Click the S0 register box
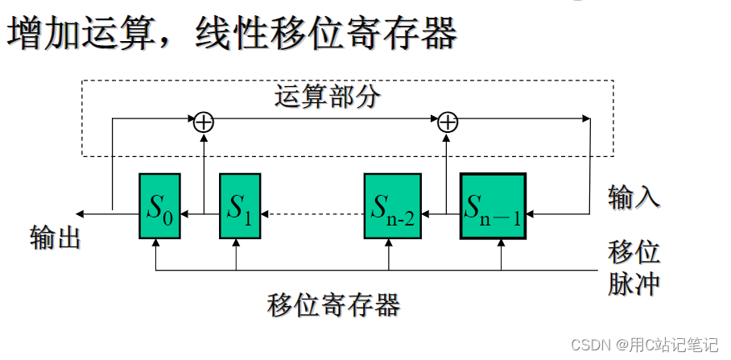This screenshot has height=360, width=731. click(x=159, y=206)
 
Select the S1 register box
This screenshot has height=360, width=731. click(x=240, y=206)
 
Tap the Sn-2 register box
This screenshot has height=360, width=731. click(x=392, y=206)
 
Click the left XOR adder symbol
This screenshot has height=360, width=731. click(x=204, y=122)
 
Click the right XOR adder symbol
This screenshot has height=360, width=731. click(x=448, y=122)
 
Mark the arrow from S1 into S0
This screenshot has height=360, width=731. click(x=200, y=214)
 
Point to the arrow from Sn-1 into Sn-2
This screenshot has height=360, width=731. click(x=440, y=214)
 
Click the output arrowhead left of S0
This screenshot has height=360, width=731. click(x=81, y=214)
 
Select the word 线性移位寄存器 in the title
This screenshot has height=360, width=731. click(x=327, y=33)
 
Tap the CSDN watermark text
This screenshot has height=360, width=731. click(x=644, y=345)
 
